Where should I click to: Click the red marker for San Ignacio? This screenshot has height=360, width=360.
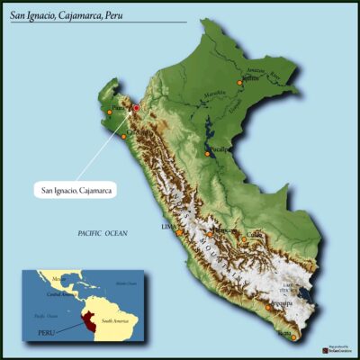pos(136,108)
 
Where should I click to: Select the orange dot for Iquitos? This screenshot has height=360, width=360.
pos(240,83)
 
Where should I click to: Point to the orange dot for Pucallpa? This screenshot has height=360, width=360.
pos(208,154)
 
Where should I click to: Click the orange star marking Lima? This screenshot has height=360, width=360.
pos(179,232)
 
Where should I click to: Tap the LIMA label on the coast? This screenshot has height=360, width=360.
pos(167,227)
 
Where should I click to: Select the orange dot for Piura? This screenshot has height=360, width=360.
pos(109,112)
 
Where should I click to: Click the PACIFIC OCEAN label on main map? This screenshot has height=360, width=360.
pos(103,234)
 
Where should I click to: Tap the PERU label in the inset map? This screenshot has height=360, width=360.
pos(46,332)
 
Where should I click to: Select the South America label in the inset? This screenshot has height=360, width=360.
pos(116,319)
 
